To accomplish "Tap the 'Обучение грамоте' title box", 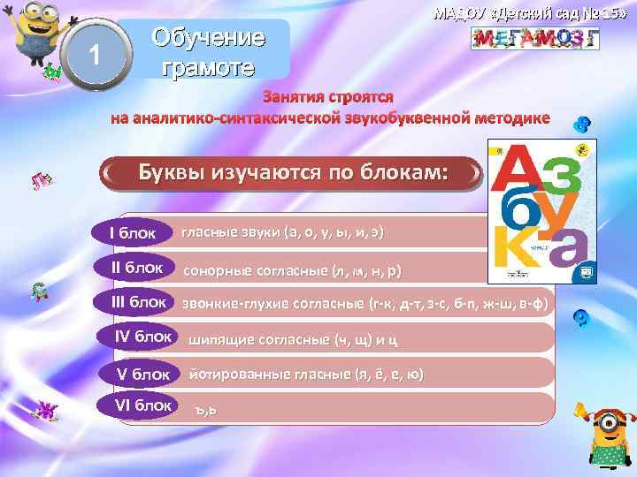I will (209, 51).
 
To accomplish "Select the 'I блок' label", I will (132, 233).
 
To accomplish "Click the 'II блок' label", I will (137, 268).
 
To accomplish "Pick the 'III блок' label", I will (139, 302).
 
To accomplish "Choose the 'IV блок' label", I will (143, 337).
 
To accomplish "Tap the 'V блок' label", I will (143, 374).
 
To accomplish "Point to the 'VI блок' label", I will (143, 405).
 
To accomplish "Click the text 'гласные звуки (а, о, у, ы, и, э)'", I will (283, 233).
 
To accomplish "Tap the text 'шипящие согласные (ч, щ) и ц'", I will (293, 339).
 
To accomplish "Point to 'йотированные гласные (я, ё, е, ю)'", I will (306, 375).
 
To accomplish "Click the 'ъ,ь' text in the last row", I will (206, 410).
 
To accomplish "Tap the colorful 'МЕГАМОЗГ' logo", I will (534, 38).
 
